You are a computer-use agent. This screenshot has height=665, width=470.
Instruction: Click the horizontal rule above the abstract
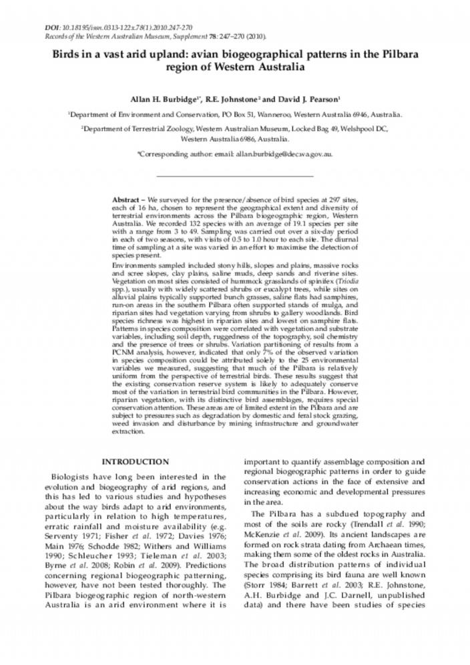234,176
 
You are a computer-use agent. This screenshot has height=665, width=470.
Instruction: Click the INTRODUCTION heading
135,461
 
